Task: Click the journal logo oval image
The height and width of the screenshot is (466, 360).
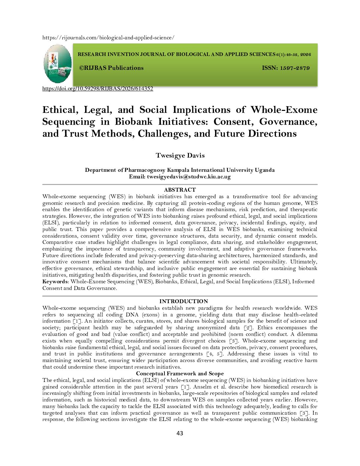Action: pos(58,64)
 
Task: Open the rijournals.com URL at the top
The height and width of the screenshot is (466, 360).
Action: pos(108,38)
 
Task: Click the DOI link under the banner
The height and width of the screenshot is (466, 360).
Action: pos(98,89)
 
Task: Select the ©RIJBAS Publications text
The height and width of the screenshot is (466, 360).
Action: pos(111,68)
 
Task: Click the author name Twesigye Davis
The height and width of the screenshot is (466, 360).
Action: pos(180,156)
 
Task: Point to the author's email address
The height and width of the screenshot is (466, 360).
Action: pos(189,177)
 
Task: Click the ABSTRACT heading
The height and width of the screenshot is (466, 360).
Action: pos(180,190)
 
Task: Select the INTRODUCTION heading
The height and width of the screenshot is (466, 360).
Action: pos(184,301)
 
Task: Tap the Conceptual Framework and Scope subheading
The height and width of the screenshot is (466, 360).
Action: pos(180,374)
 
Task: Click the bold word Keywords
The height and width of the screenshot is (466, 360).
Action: pos(55,282)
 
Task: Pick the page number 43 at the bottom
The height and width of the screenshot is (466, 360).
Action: pos(180,433)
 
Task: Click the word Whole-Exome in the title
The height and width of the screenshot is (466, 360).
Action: pos(284,110)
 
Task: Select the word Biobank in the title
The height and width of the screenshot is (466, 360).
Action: pos(134,122)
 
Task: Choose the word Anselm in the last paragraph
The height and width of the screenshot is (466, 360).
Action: pos(202,387)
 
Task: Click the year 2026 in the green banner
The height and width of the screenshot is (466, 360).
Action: pos(306,55)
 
